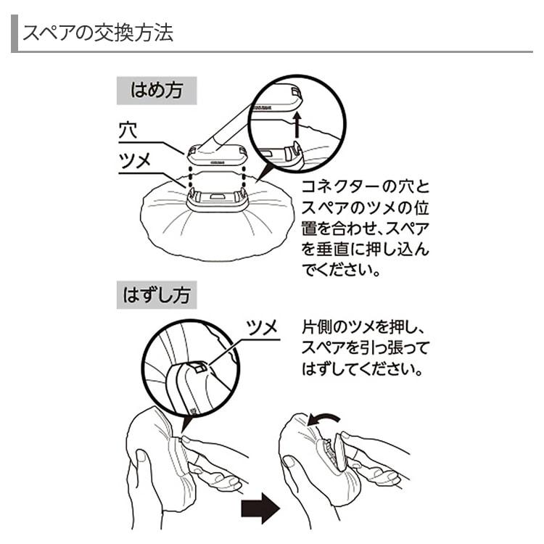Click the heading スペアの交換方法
pos(98,33)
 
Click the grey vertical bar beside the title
pos(14,34)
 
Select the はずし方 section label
pos(157,297)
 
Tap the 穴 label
pos(128,131)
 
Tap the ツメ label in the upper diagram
pos(135,161)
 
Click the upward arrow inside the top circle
pos(296,124)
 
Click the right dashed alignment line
pos(242,177)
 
